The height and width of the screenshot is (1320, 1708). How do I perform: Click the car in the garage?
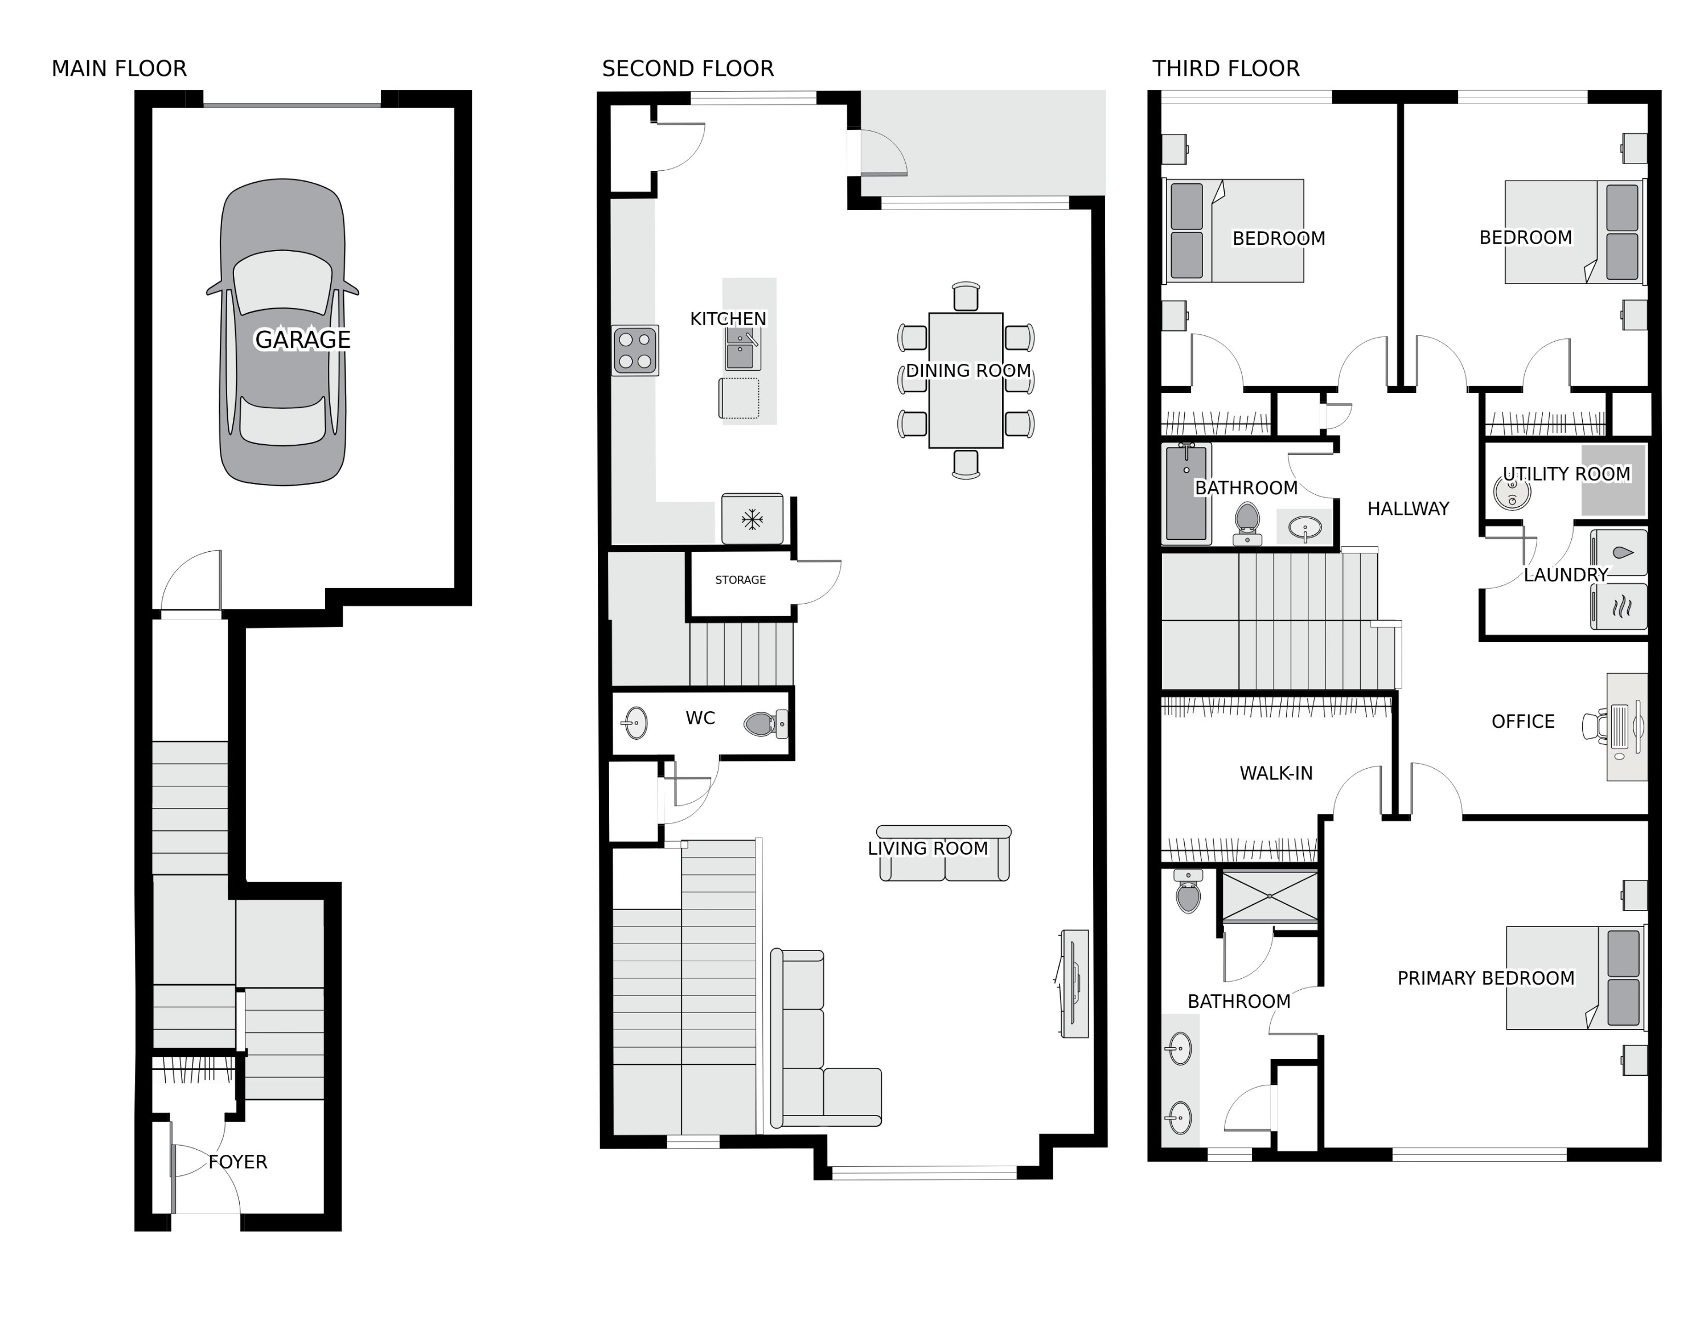(282, 333)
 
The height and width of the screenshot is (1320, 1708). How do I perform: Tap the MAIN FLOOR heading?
(119, 69)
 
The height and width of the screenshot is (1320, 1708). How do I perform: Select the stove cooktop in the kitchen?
(635, 350)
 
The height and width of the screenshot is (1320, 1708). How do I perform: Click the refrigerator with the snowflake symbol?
(752, 518)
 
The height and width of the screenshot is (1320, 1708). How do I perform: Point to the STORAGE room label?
(740, 580)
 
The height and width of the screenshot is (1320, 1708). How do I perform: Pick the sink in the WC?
(635, 723)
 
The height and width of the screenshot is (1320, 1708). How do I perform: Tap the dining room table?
(966, 381)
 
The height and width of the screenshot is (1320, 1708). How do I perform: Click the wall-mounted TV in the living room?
(1073, 984)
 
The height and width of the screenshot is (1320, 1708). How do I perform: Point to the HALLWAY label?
(1408, 509)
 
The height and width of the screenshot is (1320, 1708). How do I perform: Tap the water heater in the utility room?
(1512, 493)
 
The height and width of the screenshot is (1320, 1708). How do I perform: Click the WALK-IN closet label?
(1276, 773)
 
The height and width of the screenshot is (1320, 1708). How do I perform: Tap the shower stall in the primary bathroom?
(1270, 896)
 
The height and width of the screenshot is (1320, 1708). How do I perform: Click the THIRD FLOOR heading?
(1225, 69)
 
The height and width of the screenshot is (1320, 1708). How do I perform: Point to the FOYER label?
(238, 1162)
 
